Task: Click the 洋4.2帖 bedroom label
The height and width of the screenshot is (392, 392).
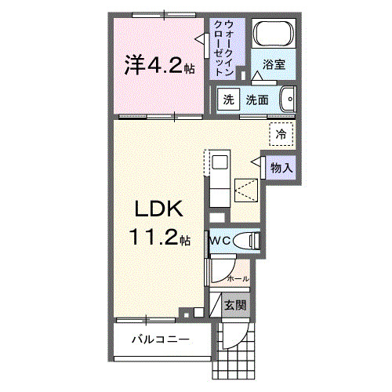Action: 158,66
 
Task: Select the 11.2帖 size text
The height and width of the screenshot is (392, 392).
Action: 158,238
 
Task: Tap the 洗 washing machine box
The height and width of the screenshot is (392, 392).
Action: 228,100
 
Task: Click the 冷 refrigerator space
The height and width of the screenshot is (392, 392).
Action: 280,133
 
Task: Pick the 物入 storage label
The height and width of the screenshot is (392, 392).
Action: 281,166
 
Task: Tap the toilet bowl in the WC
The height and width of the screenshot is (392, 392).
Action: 249,241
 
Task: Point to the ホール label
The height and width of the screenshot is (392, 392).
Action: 238,278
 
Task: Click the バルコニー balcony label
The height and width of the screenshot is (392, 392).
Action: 159,340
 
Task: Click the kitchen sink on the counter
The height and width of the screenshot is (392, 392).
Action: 220,163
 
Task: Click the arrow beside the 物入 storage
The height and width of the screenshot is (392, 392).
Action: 256,161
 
